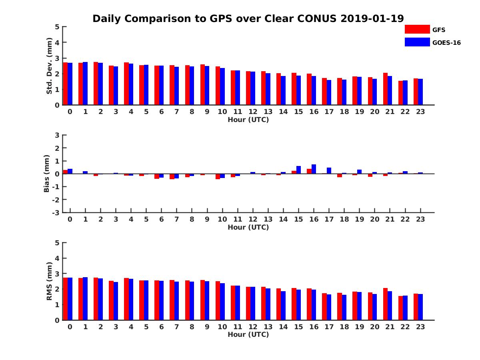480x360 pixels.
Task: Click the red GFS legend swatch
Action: pyautogui.click(x=417, y=29)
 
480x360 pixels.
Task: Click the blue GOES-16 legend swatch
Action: pyautogui.click(x=417, y=42)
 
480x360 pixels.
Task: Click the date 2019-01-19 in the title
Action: pyautogui.click(x=372, y=18)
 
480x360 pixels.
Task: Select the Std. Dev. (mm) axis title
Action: pyautogui.click(x=50, y=66)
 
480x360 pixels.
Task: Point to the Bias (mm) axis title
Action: pyautogui.click(x=46, y=174)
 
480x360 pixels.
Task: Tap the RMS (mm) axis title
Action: pyautogui.click(x=50, y=281)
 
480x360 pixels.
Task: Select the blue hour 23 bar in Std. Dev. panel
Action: pyautogui.click(x=420, y=92)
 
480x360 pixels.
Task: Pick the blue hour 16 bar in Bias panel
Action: pyautogui.click(x=314, y=169)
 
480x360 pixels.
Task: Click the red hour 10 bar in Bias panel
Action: pyautogui.click(x=218, y=176)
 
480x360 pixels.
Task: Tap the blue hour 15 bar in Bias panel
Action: pyautogui.click(x=298, y=170)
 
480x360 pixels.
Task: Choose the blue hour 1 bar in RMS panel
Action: pyautogui.click(x=85, y=298)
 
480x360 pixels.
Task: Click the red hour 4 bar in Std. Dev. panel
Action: pyautogui.click(x=126, y=84)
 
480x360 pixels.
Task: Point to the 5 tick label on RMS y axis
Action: pyautogui.click(x=57, y=243)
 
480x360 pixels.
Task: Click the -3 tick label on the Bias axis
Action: pyautogui.click(x=56, y=212)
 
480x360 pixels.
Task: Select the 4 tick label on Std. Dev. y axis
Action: pyautogui.click(x=57, y=42)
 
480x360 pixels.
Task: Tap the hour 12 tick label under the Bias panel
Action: pyautogui.click(x=253, y=219)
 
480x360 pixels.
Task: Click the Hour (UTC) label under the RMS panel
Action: pyautogui.click(x=248, y=334)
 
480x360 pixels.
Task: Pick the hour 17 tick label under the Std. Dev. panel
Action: pyautogui.click(x=329, y=112)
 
